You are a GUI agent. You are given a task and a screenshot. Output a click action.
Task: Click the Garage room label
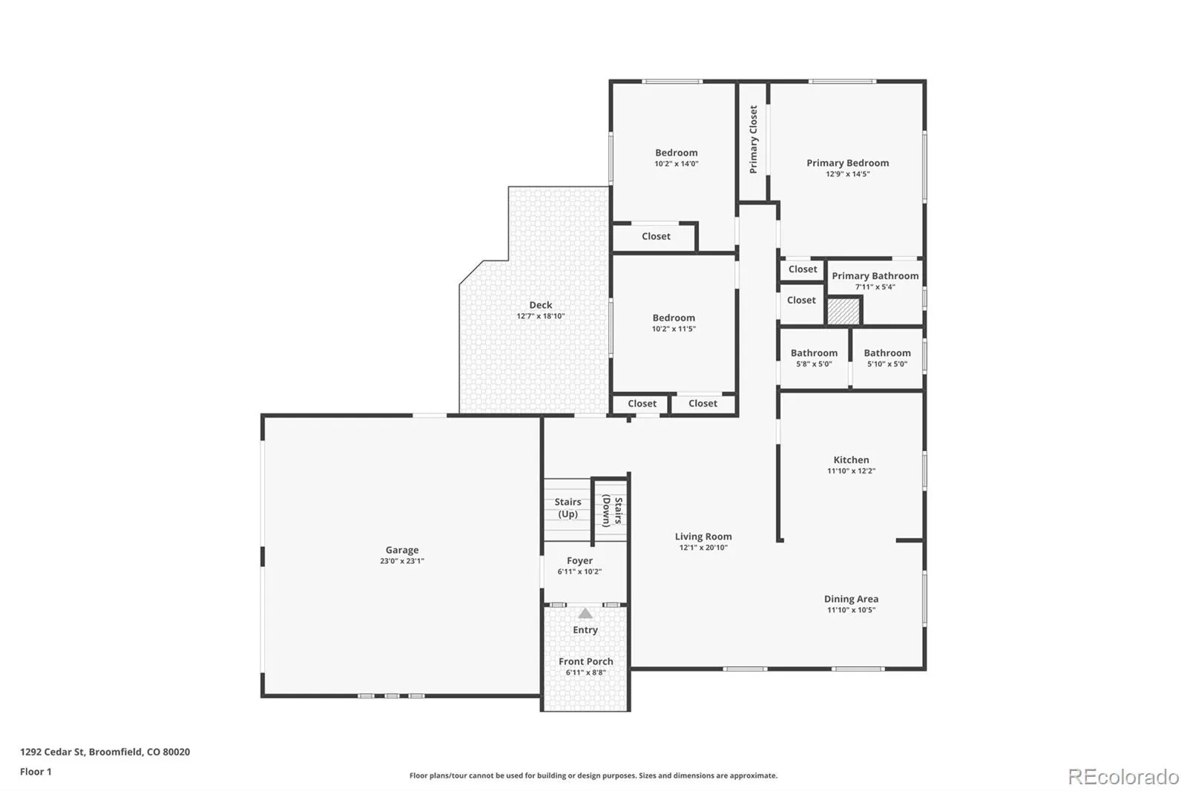[401, 550]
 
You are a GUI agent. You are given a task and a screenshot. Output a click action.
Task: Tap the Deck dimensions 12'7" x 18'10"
[541, 316]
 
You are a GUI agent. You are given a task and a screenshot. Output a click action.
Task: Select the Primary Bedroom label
[847, 163]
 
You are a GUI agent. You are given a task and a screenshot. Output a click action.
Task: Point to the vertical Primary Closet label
[753, 139]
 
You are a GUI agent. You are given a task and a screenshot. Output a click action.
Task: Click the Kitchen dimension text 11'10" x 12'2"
[851, 470]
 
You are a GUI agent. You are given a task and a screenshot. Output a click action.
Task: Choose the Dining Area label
[851, 599]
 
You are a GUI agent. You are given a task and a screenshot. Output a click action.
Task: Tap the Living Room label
[703, 536]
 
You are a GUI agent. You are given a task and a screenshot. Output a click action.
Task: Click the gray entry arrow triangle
[585, 614]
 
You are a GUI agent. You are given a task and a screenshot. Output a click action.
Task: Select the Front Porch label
[585, 661]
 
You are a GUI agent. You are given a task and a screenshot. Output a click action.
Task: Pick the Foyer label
[579, 560]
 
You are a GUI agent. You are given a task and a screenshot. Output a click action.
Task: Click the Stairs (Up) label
[568, 508]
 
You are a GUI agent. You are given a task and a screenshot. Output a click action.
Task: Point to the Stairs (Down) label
[612, 511]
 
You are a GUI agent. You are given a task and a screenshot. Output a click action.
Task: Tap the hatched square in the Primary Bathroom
[843, 312]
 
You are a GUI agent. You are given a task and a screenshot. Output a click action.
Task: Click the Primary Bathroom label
[875, 276]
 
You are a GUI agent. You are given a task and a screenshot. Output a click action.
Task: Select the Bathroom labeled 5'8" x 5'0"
[814, 358]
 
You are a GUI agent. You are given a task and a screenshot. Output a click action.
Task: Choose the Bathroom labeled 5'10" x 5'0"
[887, 358]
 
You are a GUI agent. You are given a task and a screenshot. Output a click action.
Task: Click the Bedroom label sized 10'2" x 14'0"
[676, 157]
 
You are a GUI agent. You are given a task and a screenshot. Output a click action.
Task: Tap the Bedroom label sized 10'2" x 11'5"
[674, 323]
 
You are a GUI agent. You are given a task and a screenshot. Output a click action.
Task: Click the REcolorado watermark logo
[1123, 777]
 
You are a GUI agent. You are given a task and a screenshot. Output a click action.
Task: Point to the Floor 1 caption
[36, 772]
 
